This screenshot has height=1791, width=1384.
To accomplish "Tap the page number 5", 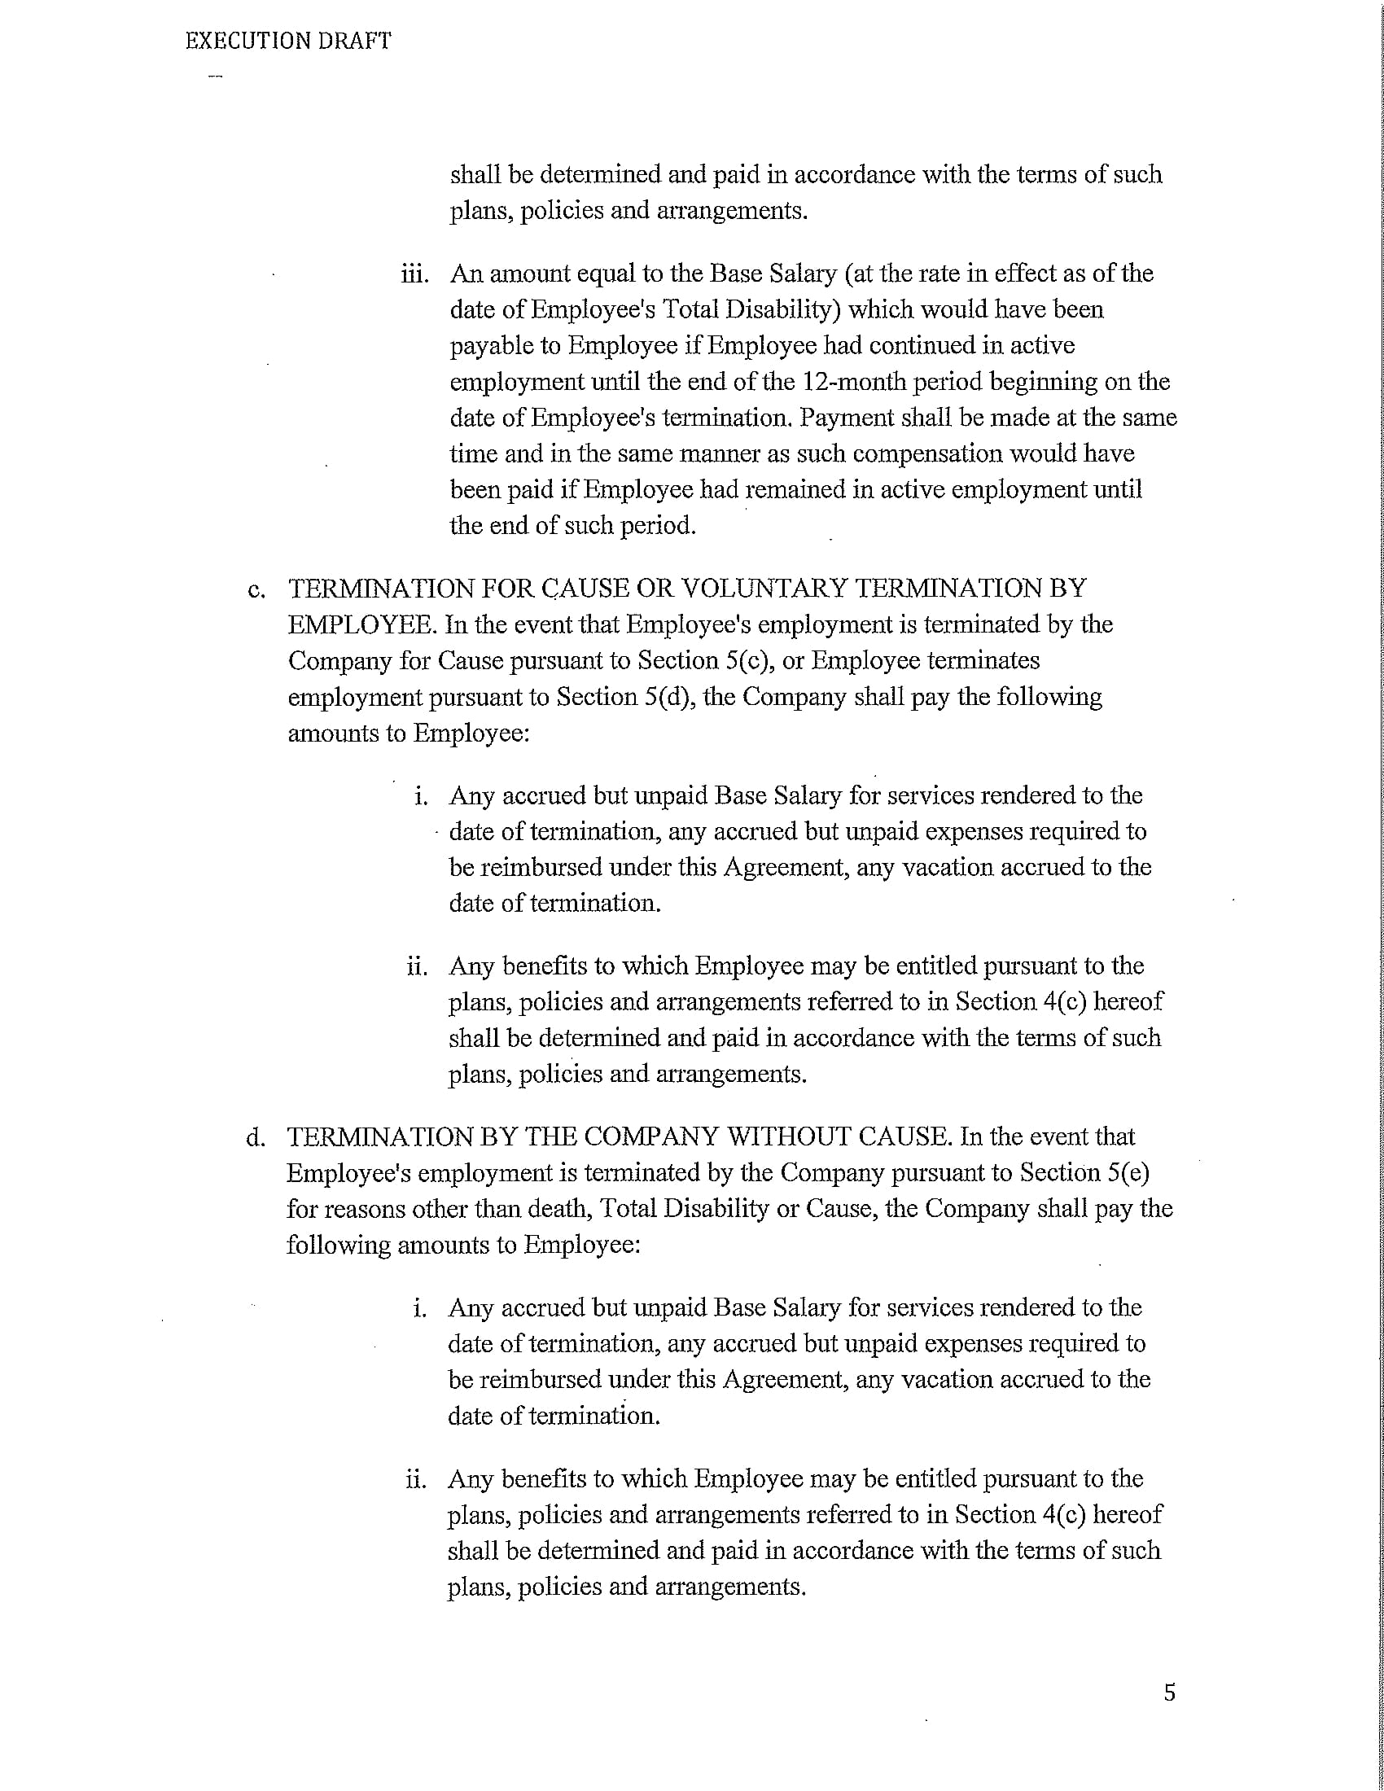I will pyautogui.click(x=1169, y=1692).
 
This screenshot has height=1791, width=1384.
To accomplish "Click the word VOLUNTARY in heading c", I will pyautogui.click(x=764, y=588).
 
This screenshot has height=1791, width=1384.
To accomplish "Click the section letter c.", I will pyautogui.click(x=256, y=589).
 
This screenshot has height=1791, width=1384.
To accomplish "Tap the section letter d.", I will pyautogui.click(x=256, y=1137).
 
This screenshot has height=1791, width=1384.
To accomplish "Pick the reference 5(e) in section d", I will pyautogui.click(x=1128, y=1172).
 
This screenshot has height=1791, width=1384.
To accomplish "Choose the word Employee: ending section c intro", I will pyautogui.click(x=471, y=733).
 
